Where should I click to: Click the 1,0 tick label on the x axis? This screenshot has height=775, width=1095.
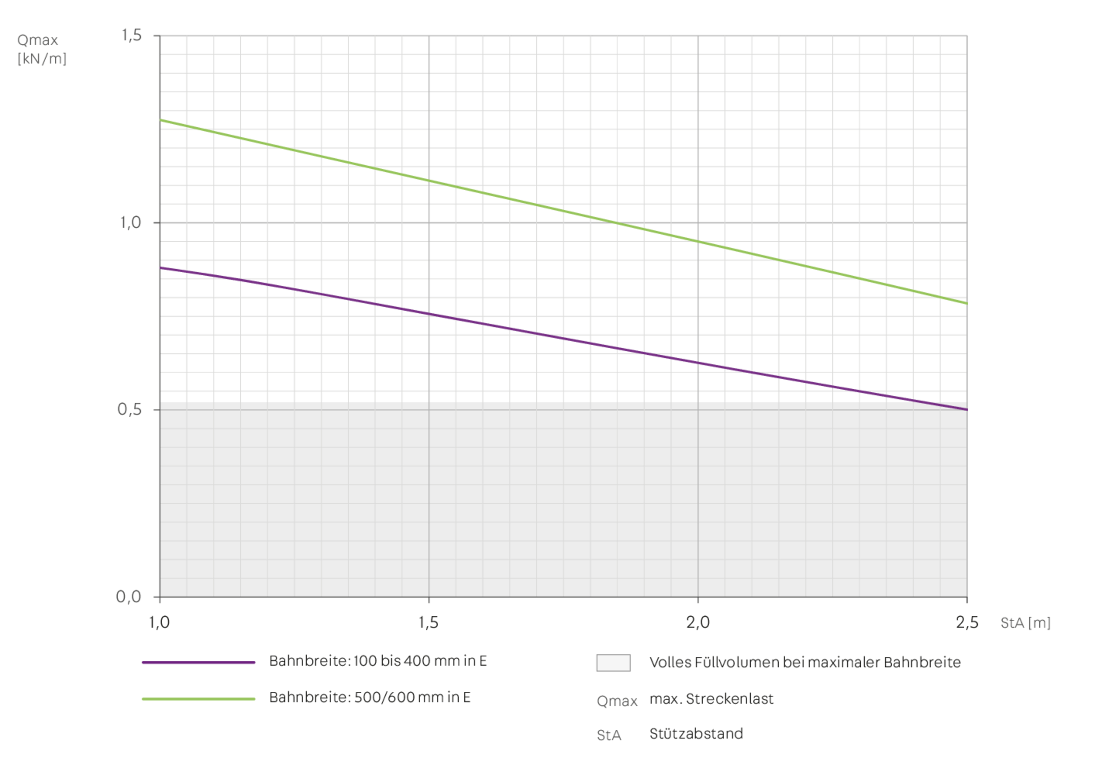coord(160,623)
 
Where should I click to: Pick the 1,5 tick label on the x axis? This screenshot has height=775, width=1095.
coord(429,623)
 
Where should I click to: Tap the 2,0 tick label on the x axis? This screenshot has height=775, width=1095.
coord(699,623)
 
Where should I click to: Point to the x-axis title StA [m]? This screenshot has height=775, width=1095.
coord(1026,623)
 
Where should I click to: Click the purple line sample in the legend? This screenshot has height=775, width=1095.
coord(199,662)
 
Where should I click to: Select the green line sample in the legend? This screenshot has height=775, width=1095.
coord(199,699)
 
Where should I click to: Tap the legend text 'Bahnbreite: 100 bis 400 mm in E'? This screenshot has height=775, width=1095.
coord(378,661)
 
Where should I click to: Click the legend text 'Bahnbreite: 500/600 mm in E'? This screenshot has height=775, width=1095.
coord(370,697)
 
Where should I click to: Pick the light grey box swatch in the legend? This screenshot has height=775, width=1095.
coord(613,662)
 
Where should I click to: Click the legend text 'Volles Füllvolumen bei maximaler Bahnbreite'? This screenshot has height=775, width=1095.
coord(805,662)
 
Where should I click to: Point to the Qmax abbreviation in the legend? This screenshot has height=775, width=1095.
coord(617,701)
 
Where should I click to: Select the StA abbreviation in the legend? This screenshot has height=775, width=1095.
coord(609,735)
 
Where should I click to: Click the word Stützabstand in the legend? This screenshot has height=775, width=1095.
coord(696,733)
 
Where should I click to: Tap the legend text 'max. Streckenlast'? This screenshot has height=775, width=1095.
coord(711,699)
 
